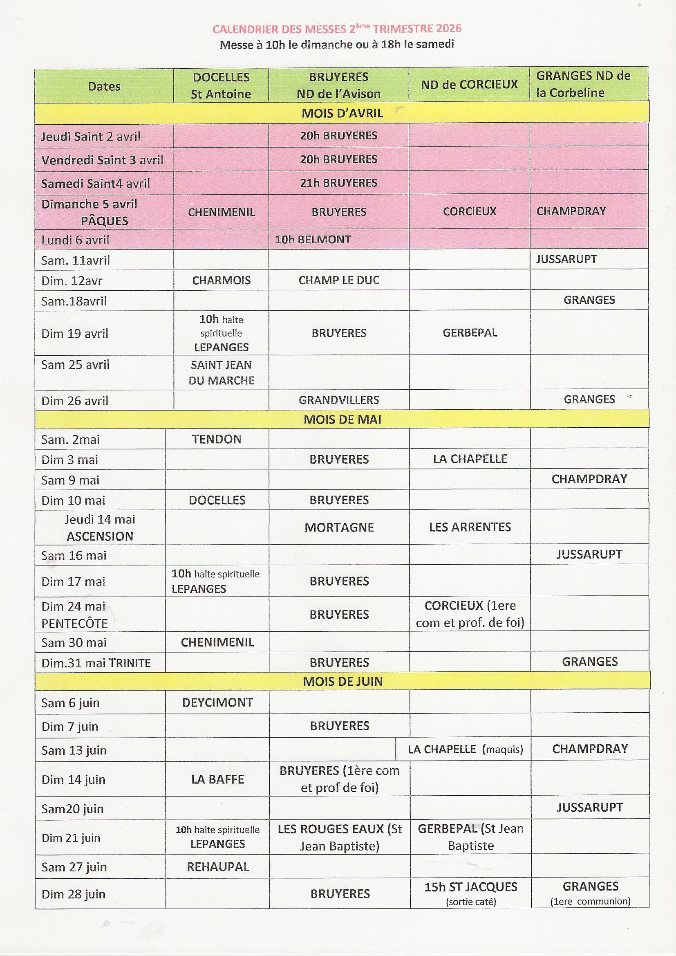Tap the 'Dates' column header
[104, 87]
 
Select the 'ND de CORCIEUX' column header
[469, 85]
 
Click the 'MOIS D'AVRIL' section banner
[342, 113]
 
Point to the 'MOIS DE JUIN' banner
[342, 681]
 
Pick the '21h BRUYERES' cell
[338, 183]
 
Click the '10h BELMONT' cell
[313, 240]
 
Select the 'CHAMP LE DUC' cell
[339, 280]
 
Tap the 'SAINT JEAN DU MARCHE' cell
[221, 372]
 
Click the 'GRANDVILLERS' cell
[339, 400]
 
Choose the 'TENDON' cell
[217, 439]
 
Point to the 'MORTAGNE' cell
[339, 527]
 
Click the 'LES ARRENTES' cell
[470, 527]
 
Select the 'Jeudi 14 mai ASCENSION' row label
[100, 527]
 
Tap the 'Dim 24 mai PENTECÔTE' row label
[74, 615]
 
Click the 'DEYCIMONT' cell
[217, 703]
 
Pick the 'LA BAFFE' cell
[217, 779]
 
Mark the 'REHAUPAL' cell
[218, 867]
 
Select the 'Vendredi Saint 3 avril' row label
[102, 160]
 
